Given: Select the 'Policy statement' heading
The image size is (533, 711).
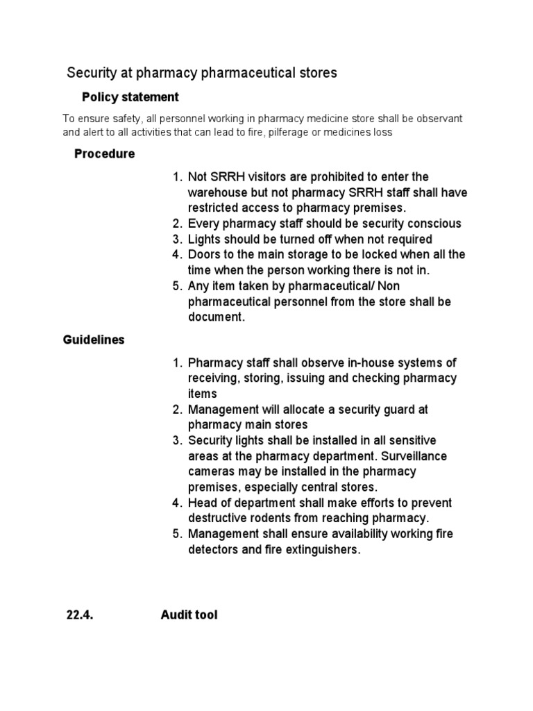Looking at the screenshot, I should tap(130, 97).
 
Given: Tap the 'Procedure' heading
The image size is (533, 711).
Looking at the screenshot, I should tap(104, 153).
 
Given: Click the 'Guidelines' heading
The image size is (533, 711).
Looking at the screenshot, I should tap(94, 340).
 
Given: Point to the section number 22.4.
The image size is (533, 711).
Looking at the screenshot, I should tap(78, 614).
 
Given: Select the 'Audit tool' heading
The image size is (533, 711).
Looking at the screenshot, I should tap(189, 614).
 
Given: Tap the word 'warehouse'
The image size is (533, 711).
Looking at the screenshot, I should tap(218, 192).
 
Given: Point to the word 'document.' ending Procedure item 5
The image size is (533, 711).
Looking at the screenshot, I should tap(217, 317).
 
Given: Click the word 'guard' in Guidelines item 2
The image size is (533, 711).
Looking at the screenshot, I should tap(400, 410).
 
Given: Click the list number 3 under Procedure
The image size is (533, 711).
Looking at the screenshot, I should tap(176, 239).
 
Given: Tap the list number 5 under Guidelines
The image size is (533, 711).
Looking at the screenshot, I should tap(176, 534).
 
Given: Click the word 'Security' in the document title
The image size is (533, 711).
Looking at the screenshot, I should tap(91, 73).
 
